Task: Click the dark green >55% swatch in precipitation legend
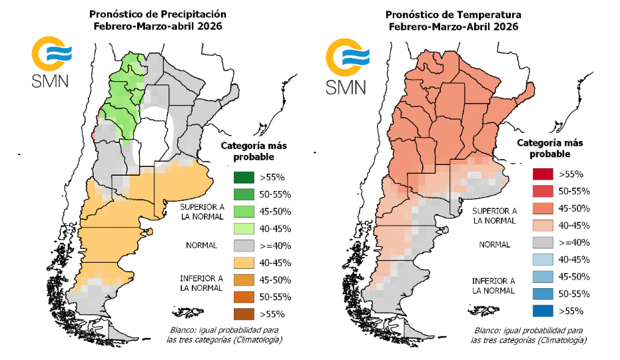coord(244,176)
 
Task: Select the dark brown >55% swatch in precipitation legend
coord(244,313)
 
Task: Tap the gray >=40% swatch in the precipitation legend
coord(244,245)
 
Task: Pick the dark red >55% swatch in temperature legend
coord(543,174)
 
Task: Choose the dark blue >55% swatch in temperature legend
coord(543,310)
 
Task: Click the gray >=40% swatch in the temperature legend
coord(543,242)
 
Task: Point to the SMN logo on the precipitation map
coord(50,64)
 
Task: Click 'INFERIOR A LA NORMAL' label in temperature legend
coord(493,285)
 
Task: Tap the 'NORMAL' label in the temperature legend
coord(493,244)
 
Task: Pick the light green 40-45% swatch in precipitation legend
coord(244,228)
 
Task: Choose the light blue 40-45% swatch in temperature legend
coord(543,260)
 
